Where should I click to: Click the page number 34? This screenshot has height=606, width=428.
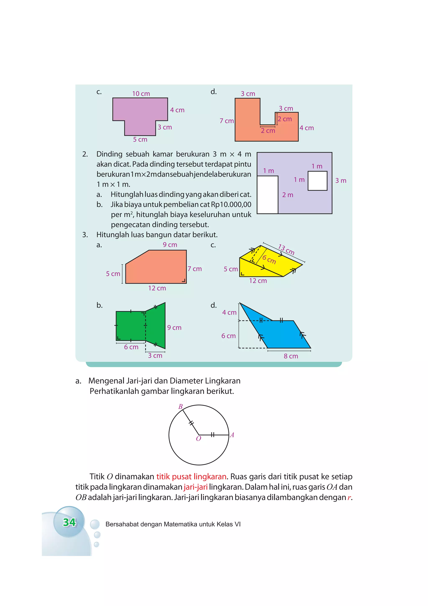tap(69, 522)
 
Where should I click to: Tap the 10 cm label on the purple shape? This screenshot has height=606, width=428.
tap(141, 94)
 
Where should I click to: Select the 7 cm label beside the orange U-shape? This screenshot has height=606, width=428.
tap(227, 121)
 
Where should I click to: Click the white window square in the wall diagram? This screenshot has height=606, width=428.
tap(317, 181)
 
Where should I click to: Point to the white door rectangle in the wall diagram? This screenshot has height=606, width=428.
tap(267, 195)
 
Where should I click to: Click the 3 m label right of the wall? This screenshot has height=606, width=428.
tap(340, 181)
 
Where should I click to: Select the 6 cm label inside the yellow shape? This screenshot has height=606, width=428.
tap(269, 259)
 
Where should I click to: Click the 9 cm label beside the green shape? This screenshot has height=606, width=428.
tap(174, 328)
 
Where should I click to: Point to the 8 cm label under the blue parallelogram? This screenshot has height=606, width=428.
tap(291, 356)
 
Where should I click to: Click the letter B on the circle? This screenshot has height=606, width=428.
tap(180, 406)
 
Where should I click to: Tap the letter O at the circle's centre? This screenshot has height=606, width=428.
tap(199, 439)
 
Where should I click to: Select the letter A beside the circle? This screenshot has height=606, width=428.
tap(232, 435)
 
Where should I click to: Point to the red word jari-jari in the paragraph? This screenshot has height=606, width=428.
tap(195, 487)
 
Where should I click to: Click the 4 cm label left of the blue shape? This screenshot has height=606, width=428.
tap(229, 313)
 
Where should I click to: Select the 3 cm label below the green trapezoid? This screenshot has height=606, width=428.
tap(155, 356)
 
